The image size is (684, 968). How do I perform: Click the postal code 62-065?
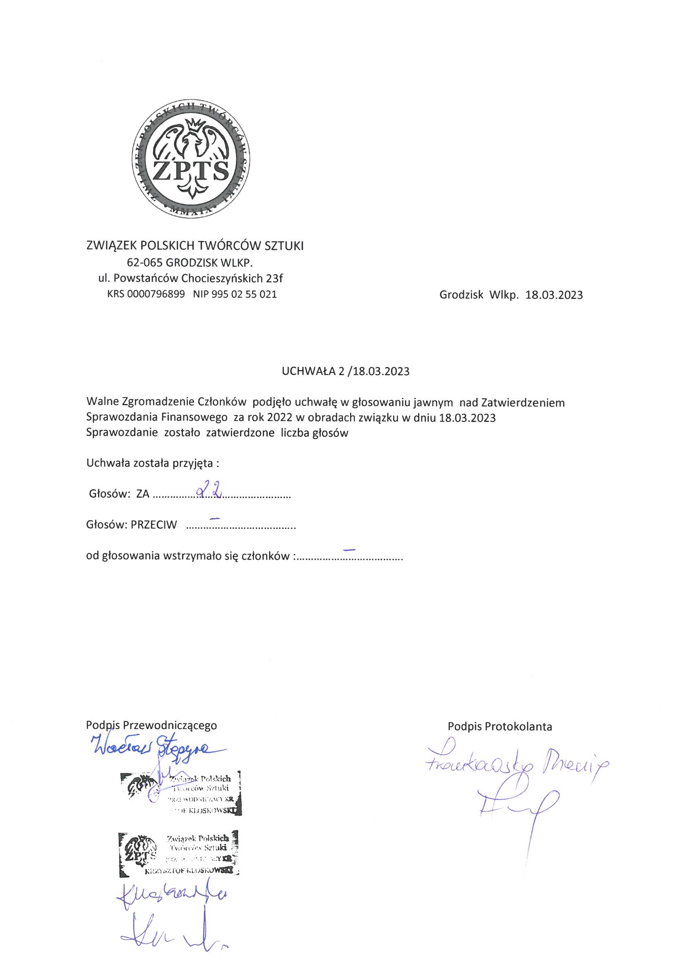(x=144, y=262)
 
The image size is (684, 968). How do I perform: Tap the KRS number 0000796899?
(x=156, y=294)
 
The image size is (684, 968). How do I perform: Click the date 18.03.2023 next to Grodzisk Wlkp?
(x=554, y=295)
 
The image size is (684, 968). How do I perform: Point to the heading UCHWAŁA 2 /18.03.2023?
(x=346, y=371)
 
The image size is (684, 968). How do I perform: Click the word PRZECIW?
(x=154, y=525)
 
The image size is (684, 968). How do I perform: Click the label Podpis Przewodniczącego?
(x=151, y=725)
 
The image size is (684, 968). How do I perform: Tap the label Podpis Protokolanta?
(x=500, y=727)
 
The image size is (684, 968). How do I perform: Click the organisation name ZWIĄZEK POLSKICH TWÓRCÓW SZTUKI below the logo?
(x=195, y=246)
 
